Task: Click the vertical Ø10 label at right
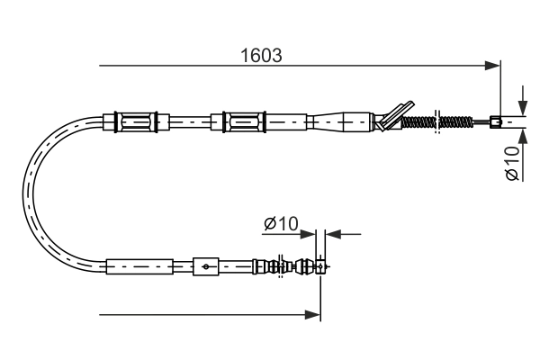tap(511, 162)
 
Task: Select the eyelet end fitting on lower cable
tap(322, 265)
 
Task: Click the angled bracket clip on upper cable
tap(394, 115)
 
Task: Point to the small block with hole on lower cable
tap(206, 266)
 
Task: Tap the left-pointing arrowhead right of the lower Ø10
tap(331, 235)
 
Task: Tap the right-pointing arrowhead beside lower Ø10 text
tap(311, 235)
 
